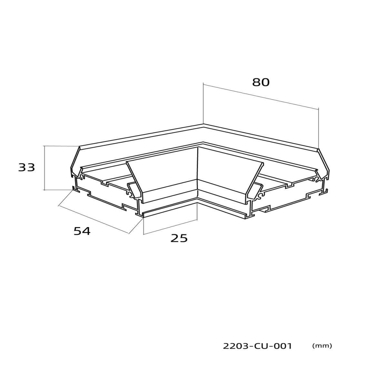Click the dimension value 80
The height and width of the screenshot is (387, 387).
point(261,82)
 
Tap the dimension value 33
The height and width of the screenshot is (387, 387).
point(26,167)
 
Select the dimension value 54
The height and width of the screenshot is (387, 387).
point(82,231)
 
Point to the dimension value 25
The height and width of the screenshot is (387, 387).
point(179,238)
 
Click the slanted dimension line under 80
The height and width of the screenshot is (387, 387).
point(261,97)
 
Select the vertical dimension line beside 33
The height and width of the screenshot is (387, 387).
point(44,168)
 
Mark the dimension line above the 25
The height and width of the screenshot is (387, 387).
point(170,227)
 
